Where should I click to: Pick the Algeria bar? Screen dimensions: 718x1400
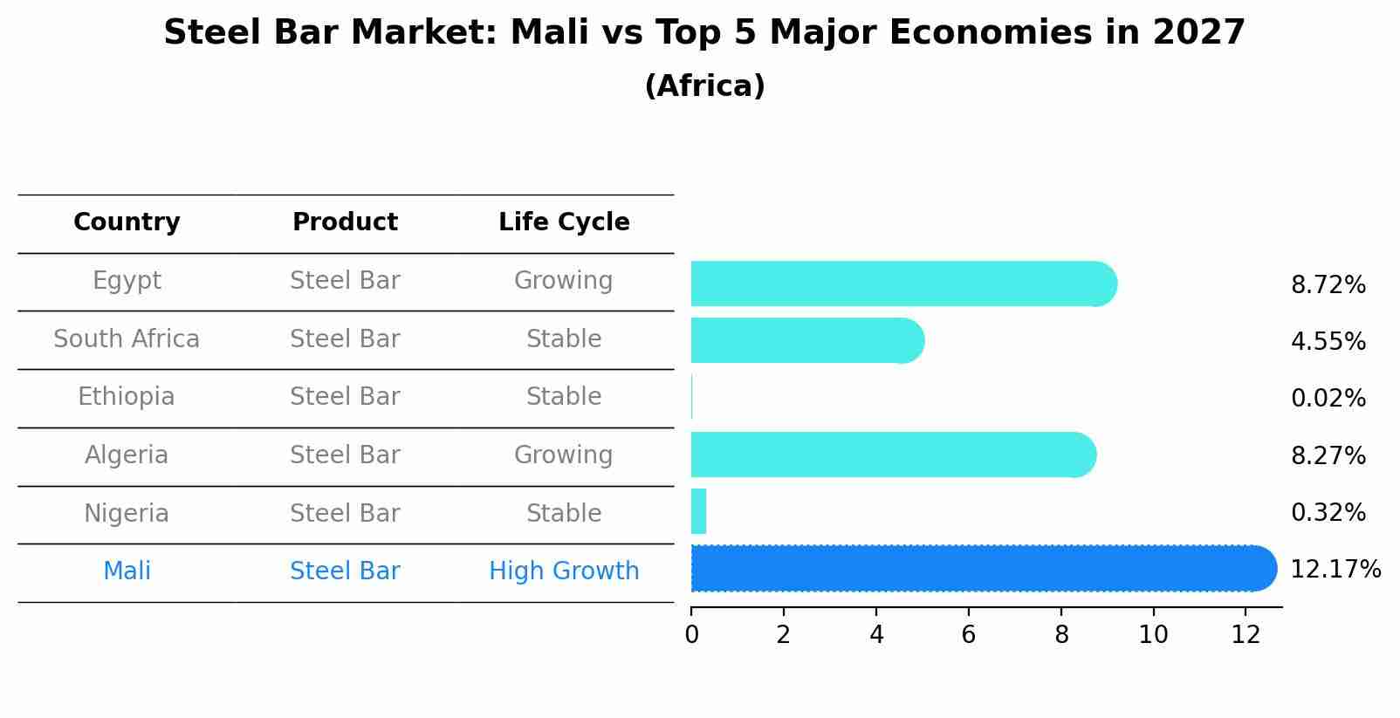pyautogui.click(x=891, y=455)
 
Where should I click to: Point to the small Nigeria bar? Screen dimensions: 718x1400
pyautogui.click(x=698, y=511)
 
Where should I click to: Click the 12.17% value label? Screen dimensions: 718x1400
pyautogui.click(x=1335, y=570)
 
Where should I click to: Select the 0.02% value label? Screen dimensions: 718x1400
pyautogui.click(x=1328, y=399)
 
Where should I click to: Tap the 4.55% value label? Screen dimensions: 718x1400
pyautogui.click(x=1328, y=341)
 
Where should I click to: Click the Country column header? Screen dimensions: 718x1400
pyautogui.click(x=127, y=222)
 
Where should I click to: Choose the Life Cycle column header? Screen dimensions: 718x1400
pyautogui.click(x=564, y=222)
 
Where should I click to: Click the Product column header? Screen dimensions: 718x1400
pyautogui.click(x=345, y=222)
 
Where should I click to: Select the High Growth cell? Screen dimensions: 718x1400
pyautogui.click(x=564, y=571)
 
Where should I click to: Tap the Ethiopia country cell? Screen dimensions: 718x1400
pyautogui.click(x=127, y=397)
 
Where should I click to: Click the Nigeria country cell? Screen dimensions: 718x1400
pyautogui.click(x=127, y=513)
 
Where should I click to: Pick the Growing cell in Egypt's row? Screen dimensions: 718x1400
pyautogui.click(x=564, y=281)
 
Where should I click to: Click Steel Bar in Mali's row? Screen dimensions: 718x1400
pyautogui.click(x=345, y=571)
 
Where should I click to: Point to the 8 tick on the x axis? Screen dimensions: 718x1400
pyautogui.click(x=1061, y=634)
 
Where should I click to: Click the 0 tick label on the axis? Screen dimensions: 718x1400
pyautogui.click(x=691, y=634)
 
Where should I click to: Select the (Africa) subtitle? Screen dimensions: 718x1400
pyautogui.click(x=704, y=86)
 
